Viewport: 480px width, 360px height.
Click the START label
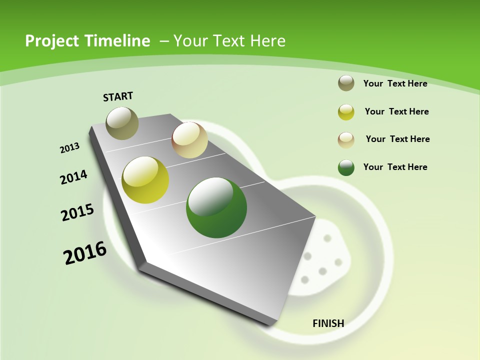[x=118, y=96]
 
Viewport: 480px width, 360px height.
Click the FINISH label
[x=328, y=323]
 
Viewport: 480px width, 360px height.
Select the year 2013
[x=69, y=148]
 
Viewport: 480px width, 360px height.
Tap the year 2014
[x=73, y=177]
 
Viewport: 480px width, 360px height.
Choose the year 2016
[x=85, y=253]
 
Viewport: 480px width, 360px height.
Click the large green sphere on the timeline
[x=216, y=207]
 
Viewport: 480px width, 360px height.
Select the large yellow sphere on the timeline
[x=145, y=180]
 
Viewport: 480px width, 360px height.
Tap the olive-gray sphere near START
[x=122, y=123]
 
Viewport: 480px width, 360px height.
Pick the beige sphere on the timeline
[x=189, y=140]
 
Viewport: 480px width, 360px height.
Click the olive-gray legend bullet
[x=346, y=83]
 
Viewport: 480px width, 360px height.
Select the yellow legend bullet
[x=346, y=112]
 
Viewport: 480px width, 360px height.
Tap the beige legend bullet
[x=346, y=139]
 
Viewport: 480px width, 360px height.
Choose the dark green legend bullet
[x=346, y=167]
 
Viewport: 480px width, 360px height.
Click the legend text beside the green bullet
[x=395, y=167]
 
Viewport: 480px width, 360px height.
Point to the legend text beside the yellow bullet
[x=396, y=111]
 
